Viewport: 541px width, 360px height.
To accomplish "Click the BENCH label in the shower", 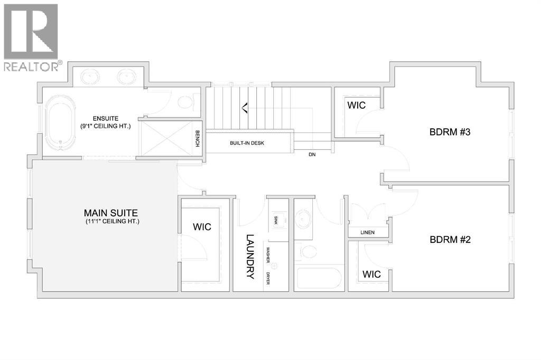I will click(x=197, y=138).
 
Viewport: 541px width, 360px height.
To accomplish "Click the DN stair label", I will click(x=312, y=155).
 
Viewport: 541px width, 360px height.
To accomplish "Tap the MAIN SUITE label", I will click(x=111, y=213).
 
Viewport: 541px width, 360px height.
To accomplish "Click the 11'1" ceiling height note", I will click(x=111, y=222).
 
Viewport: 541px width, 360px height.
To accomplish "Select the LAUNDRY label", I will click(x=250, y=257).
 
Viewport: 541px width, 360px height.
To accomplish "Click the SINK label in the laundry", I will click(x=276, y=220).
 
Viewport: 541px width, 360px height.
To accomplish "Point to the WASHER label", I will click(x=268, y=255).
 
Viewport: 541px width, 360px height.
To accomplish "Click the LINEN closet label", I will click(x=368, y=232).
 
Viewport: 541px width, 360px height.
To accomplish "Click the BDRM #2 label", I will click(x=450, y=239).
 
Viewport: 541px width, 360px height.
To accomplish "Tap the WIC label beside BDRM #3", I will click(x=356, y=105).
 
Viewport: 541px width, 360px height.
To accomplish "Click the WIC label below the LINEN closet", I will click(x=371, y=274).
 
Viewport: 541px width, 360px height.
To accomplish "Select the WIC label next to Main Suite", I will click(x=202, y=227).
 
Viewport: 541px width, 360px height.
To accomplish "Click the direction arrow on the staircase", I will click(x=244, y=109).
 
